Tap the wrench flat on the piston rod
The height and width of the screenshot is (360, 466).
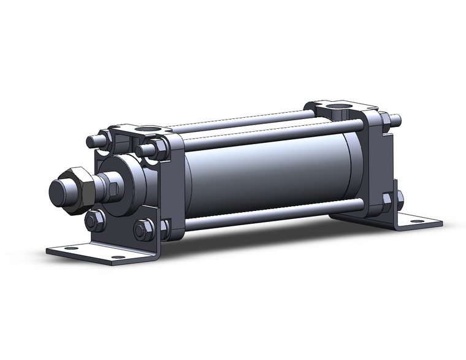tap(113, 188)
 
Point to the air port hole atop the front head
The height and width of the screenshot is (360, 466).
tap(147, 130)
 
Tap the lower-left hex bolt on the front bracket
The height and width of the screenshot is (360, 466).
tap(94, 220)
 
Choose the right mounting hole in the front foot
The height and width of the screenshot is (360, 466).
tap(116, 256)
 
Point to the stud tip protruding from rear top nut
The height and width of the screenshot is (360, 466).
tap(396, 118)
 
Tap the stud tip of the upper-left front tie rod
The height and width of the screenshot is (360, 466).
tap(90, 141)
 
